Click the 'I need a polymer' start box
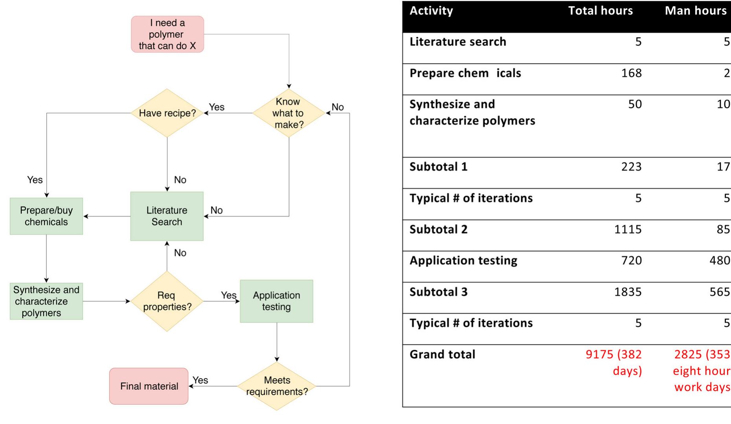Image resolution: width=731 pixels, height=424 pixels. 167,34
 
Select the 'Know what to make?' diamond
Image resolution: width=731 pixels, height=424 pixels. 288,113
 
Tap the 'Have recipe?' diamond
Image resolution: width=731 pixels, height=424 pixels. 167,113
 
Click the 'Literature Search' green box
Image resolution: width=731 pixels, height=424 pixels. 167,216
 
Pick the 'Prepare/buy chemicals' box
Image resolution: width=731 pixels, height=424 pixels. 46,216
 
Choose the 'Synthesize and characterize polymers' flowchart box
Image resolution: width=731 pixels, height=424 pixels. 46,301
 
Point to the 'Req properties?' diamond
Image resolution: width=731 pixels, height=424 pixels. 167,301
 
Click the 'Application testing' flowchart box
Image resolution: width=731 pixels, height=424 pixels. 276,301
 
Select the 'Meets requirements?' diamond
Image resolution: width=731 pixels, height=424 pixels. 277,386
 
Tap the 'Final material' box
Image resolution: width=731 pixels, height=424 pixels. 149,386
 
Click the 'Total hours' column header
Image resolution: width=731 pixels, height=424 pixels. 600,11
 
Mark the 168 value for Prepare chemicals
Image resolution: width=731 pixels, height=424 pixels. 631,73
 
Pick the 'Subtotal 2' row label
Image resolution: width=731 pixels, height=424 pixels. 439,229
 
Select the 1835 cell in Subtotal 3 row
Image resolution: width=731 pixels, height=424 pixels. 628,292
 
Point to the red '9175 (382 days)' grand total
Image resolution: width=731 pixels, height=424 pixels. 614,362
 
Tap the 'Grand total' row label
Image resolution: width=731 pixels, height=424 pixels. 442,354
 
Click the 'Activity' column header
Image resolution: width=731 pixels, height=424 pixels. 431,11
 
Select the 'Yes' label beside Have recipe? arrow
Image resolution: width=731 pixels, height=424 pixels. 217,107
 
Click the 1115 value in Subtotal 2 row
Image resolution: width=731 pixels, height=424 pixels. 628,229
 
